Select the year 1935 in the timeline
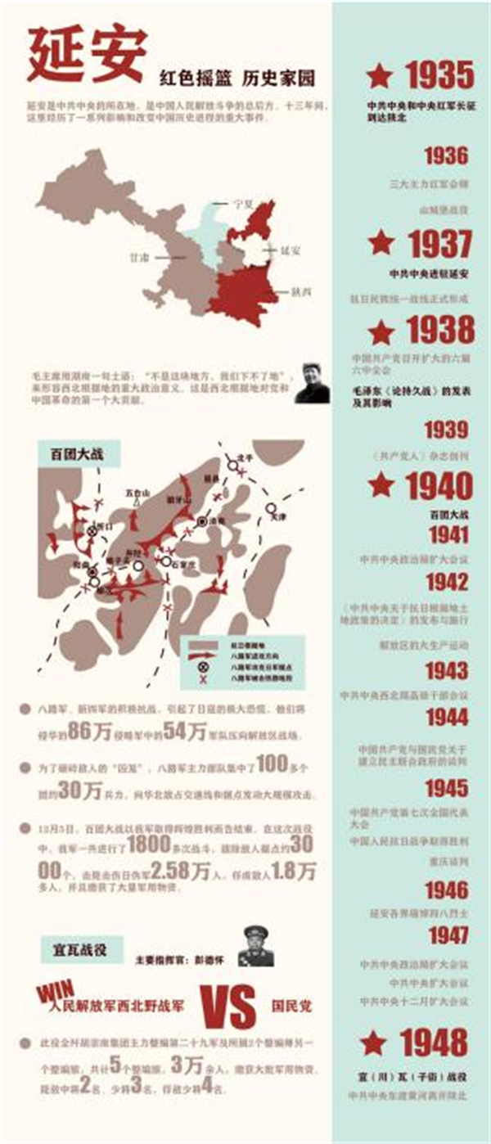(439, 76)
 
